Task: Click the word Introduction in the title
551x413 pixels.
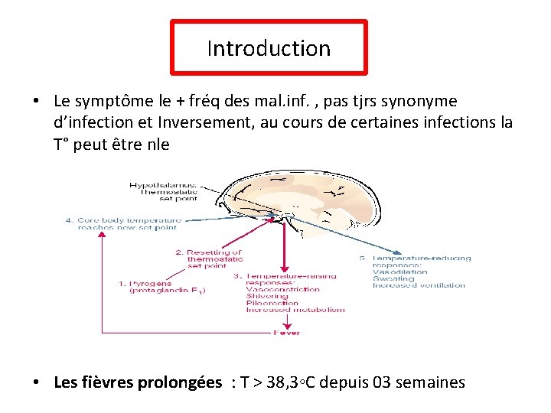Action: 269,48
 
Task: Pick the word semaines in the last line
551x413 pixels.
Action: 430,382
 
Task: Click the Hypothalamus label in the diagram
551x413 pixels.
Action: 163,185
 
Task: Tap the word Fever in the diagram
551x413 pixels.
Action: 287,333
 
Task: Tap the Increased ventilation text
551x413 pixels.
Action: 418,286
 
